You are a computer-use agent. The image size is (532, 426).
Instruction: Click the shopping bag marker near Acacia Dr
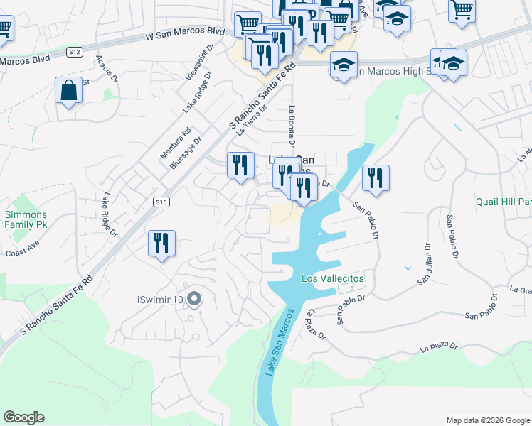[x=68, y=91]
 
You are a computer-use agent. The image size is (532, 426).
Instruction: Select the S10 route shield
[x=161, y=202]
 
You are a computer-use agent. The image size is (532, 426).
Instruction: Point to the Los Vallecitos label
[x=332, y=279]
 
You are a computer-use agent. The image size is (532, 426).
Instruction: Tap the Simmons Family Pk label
[x=26, y=219]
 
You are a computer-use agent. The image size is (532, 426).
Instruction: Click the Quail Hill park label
[x=504, y=201]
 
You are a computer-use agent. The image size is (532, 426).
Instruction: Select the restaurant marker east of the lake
[x=375, y=177]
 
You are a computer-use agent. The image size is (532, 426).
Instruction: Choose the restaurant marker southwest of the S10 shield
[x=161, y=244]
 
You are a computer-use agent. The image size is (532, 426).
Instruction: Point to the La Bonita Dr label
[x=292, y=123]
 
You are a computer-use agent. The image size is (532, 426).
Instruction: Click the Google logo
[x=23, y=417]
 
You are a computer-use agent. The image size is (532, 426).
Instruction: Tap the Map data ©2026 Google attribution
[x=487, y=420]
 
